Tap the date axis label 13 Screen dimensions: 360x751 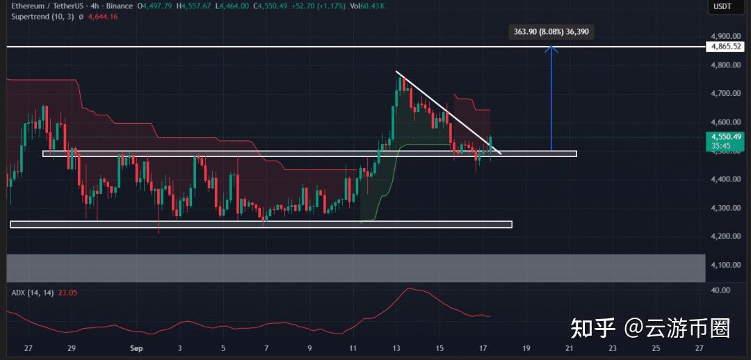click(396, 348)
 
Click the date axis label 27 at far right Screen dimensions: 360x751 click(699, 348)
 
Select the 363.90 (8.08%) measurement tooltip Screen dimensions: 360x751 click(551, 32)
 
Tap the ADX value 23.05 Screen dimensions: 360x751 click(67, 293)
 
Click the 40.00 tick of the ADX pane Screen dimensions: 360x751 click(722, 290)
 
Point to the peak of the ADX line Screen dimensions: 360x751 click(411, 288)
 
